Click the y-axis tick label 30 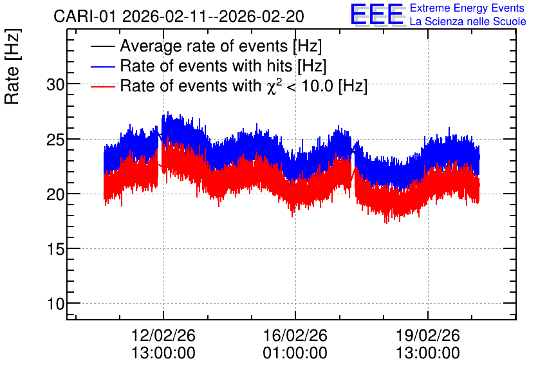pyautogui.click(x=55, y=84)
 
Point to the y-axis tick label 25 pyautogui.click(x=55, y=139)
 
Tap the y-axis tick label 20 pyautogui.click(x=55, y=194)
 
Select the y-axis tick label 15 pyautogui.click(x=55, y=249)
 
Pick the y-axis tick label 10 pyautogui.click(x=55, y=304)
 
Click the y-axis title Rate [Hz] pyautogui.click(x=12, y=66)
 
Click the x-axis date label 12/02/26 pyautogui.click(x=163, y=335)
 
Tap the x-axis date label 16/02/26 pyautogui.click(x=295, y=335)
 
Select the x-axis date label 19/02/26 pyautogui.click(x=428, y=335)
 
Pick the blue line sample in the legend pyautogui.click(x=103, y=66)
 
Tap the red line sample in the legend pyautogui.click(x=103, y=86)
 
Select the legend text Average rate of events pyautogui.click(x=204, y=46)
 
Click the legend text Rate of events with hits pyautogui.click(x=206, y=66)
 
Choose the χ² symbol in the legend pyautogui.click(x=274, y=86)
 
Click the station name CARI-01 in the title pyautogui.click(x=85, y=17)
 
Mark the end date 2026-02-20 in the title pyautogui.click(x=261, y=17)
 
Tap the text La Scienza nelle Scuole pyautogui.click(x=468, y=21)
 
